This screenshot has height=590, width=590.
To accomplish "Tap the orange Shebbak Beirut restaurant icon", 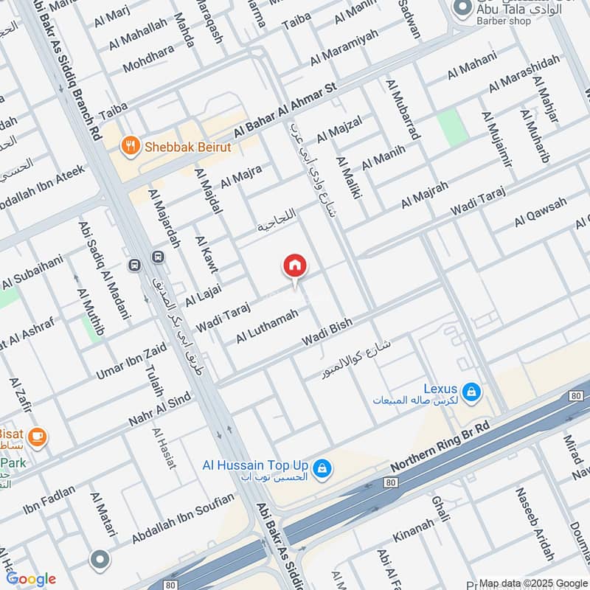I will (131, 147).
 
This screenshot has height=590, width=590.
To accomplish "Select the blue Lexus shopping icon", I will (472, 391).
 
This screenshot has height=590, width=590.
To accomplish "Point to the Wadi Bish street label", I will (327, 333).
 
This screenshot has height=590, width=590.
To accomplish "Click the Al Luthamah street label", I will (267, 326).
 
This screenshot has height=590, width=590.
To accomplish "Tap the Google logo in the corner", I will (30, 579).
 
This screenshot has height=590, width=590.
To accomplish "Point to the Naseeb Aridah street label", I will (534, 524).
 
